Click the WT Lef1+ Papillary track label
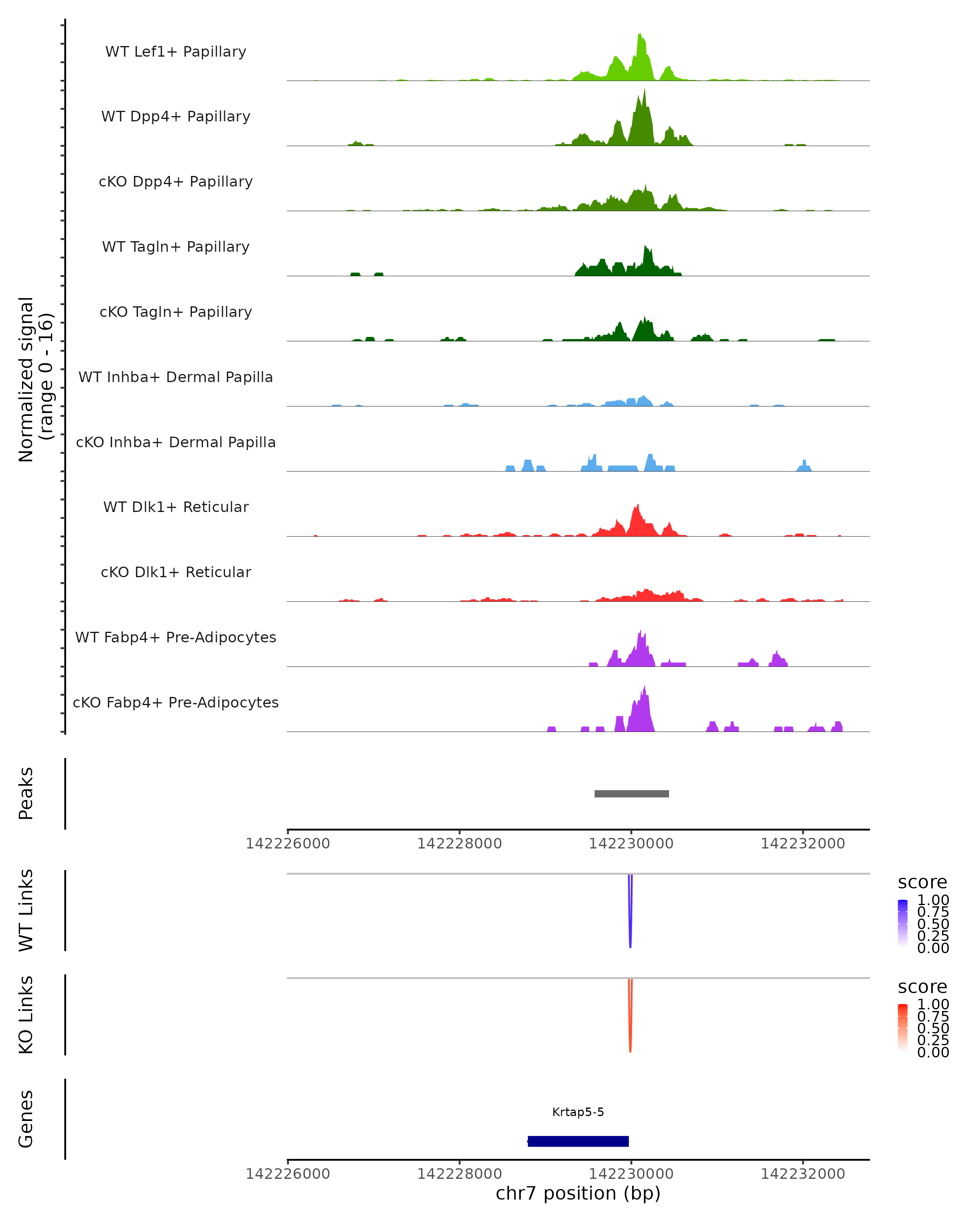click(176, 52)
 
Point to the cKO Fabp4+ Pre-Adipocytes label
click(176, 702)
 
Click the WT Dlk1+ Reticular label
click(176, 507)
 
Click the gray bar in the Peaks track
click(632, 793)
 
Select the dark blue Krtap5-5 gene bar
click(578, 1141)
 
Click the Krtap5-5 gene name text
click(578, 1112)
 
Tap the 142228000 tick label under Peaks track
click(459, 844)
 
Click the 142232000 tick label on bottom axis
click(802, 1174)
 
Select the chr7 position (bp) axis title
click(578, 1193)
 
